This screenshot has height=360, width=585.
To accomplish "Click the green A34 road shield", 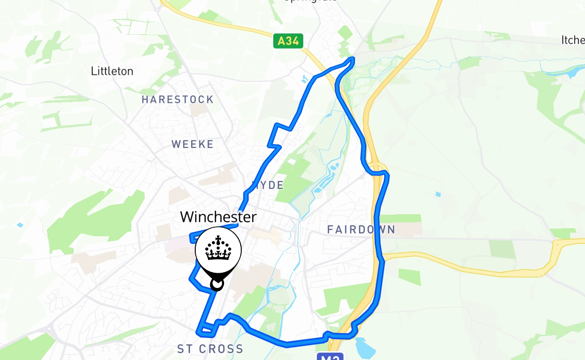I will (x=288, y=41).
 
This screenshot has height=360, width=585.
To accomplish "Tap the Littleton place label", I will (x=112, y=71).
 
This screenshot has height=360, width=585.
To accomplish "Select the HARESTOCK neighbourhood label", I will (x=178, y=99).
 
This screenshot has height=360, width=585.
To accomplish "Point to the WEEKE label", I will (x=193, y=144).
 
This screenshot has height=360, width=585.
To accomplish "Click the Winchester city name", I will (x=218, y=217).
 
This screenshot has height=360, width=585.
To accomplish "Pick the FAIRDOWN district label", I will (x=361, y=230).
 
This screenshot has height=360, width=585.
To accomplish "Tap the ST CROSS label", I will (x=210, y=349).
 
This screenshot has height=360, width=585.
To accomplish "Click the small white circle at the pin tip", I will (x=217, y=284).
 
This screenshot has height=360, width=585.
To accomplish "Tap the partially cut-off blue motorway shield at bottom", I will (x=330, y=356).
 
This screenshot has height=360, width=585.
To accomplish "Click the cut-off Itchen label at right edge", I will (x=573, y=40).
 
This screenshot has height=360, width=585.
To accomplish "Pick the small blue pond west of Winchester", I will (x=19, y=225).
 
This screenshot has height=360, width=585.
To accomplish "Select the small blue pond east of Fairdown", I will (x=438, y=194).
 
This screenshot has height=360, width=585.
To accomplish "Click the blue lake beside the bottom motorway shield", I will (x=363, y=347).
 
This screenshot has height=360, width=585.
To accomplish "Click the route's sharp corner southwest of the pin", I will (x=191, y=279).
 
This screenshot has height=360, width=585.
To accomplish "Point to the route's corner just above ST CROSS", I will (x=199, y=333).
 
